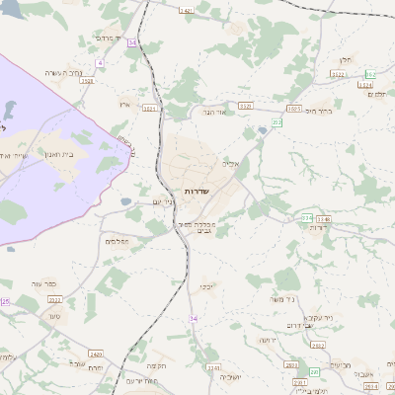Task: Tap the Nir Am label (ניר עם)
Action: click(x=164, y=202)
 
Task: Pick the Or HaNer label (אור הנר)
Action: click(x=214, y=112)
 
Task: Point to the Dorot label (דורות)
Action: click(x=318, y=227)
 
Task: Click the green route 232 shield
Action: click(x=277, y=122)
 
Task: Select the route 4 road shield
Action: click(x=100, y=62)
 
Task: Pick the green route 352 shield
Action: click(x=370, y=75)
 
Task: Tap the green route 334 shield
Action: click(x=307, y=217)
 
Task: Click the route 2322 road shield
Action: click(x=54, y=298)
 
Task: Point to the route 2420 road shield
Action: click(x=95, y=353)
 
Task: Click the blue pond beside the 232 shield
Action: click(x=262, y=129)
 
